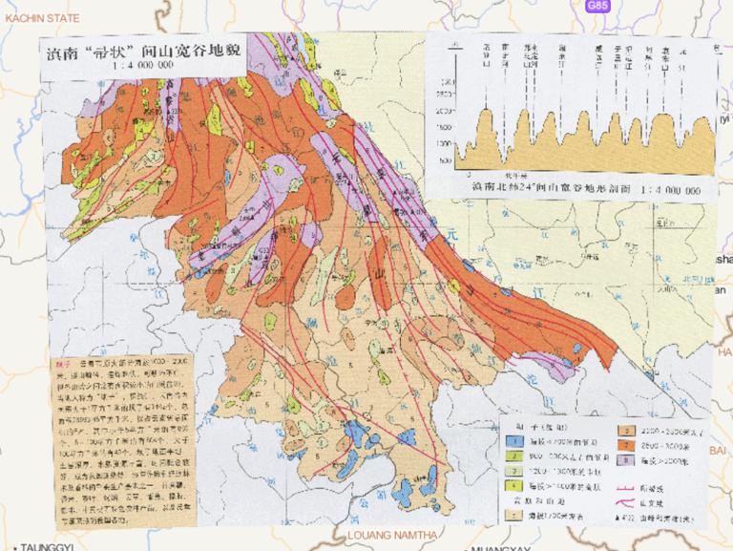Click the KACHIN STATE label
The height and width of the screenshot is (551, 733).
coord(38,16)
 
